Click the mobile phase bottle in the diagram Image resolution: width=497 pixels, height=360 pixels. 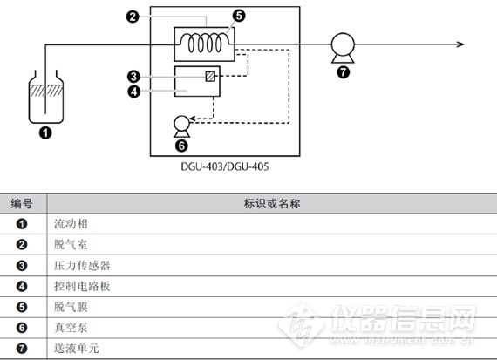click(x=46, y=97)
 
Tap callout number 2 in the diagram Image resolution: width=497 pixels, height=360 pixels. click(x=133, y=17)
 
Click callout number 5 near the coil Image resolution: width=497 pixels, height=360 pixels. click(x=239, y=16)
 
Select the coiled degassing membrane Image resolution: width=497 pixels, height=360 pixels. click(x=205, y=42)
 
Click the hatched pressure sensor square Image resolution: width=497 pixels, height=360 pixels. click(x=210, y=77)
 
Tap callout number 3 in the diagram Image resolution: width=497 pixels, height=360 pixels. click(x=133, y=77)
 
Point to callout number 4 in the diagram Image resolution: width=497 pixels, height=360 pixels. click(x=133, y=92)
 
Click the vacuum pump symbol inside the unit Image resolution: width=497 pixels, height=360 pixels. click(x=182, y=126)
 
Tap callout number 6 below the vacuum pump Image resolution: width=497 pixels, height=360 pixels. click(x=181, y=146)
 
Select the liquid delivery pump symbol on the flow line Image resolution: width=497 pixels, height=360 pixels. click(x=343, y=48)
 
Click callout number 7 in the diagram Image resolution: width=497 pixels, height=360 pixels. click(x=343, y=72)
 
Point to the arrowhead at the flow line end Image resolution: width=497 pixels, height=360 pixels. click(x=461, y=44)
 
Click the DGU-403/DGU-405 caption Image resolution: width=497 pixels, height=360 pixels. click(x=225, y=166)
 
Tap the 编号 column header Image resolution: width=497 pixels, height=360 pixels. click(x=22, y=203)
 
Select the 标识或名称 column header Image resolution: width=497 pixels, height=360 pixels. click(x=272, y=203)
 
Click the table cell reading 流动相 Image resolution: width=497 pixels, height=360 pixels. click(x=71, y=224)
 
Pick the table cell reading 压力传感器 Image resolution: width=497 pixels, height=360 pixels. click(x=82, y=265)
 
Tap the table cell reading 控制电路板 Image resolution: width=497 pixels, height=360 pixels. click(x=82, y=286)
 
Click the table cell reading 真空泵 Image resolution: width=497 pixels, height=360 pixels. click(x=71, y=328)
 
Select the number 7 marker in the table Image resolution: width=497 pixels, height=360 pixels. click(x=22, y=349)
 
